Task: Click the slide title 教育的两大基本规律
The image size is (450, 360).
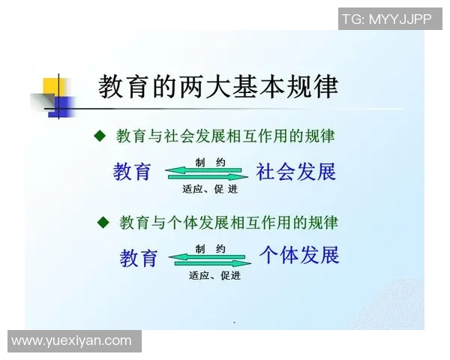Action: (217, 87)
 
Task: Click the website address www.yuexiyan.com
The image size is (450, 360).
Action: (72, 341)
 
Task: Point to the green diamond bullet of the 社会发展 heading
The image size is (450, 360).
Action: (100, 136)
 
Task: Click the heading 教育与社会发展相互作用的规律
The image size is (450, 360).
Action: (226, 136)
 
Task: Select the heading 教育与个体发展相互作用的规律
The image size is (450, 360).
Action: (229, 222)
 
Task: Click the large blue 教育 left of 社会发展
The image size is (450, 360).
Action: (132, 172)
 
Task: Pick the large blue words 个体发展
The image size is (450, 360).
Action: (299, 255)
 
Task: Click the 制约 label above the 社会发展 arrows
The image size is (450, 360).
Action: (205, 162)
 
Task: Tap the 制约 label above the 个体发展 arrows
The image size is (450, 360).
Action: (209, 248)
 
